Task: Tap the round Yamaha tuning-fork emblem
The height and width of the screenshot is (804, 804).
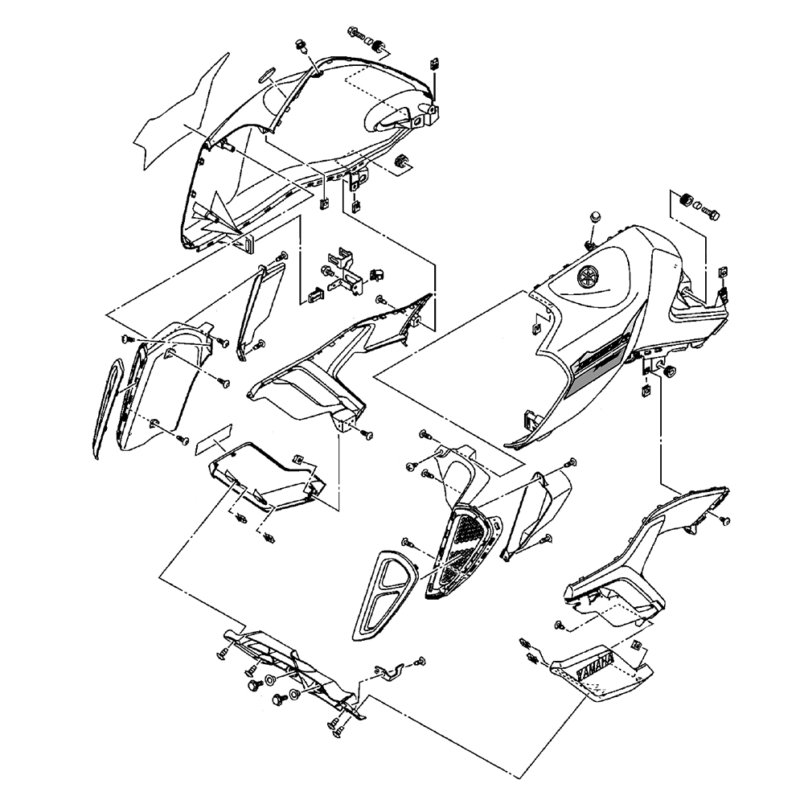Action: [x=589, y=277]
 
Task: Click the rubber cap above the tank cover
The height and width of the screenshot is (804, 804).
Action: [x=596, y=218]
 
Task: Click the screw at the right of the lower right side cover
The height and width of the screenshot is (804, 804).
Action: [x=723, y=521]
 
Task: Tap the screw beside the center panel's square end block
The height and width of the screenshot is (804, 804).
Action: [x=369, y=434]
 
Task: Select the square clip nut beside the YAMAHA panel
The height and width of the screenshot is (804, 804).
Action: [x=638, y=645]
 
